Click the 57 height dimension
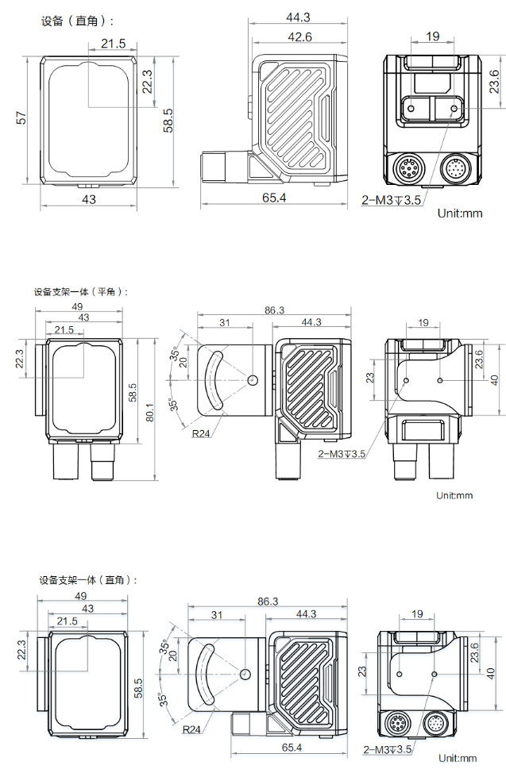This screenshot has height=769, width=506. (x=22, y=118)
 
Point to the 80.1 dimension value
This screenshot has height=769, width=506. (x=152, y=413)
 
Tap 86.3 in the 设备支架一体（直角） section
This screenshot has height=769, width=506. (x=268, y=602)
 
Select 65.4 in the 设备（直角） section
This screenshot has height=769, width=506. (x=274, y=198)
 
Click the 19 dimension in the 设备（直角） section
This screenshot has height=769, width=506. (x=432, y=37)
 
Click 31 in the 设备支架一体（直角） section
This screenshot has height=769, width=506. (x=217, y=615)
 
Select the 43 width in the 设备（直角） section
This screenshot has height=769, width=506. (x=88, y=199)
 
